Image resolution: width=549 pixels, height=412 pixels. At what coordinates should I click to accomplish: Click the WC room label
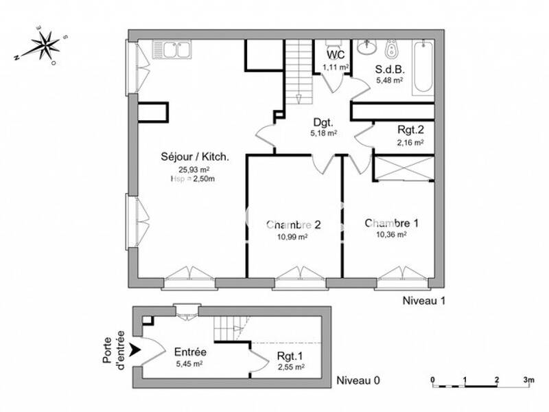pos(336,54)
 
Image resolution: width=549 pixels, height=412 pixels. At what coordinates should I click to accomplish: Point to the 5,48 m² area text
pos(388,80)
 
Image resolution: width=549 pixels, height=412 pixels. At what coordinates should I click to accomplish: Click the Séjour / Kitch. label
pos(195,157)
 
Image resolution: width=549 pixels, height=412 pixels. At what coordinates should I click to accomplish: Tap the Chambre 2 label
pos(294,224)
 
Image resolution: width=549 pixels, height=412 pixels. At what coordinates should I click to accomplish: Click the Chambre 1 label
pos(391,223)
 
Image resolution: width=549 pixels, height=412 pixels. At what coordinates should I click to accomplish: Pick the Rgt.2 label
pos(410,130)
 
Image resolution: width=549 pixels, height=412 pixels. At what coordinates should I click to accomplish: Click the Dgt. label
pos(323,122)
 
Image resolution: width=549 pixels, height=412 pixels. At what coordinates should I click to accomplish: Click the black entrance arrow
pos(137,350)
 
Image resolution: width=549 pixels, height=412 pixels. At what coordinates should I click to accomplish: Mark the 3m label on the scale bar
pos(528,378)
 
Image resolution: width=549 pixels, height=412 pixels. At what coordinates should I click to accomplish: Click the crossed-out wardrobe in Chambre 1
pos(404,168)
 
